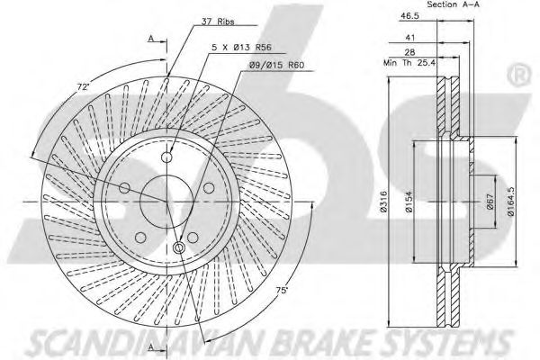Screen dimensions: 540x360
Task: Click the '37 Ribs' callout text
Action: [x=218, y=22]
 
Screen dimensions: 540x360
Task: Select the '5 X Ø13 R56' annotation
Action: [x=241, y=47]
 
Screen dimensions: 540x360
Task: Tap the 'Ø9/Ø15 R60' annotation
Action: [x=276, y=65]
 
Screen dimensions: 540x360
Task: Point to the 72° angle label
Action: [x=83, y=86]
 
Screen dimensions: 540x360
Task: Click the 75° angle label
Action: [x=282, y=290]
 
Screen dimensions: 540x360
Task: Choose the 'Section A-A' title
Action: [x=453, y=4]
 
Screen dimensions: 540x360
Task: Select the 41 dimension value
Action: [x=410, y=37]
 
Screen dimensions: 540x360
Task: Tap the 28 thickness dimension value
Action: [x=409, y=52]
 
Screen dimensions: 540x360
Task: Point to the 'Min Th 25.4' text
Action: [x=409, y=63]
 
